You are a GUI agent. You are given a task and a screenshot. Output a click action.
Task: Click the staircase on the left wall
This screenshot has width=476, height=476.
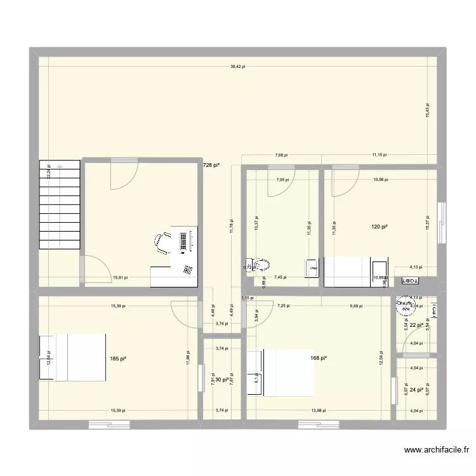[x=60, y=204]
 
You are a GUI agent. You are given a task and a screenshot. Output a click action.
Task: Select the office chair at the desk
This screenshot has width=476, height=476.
[x=162, y=242]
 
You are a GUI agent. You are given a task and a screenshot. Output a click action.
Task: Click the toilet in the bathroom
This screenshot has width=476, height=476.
[x=260, y=267]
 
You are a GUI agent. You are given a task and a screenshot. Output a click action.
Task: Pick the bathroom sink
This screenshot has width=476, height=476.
[x=311, y=268]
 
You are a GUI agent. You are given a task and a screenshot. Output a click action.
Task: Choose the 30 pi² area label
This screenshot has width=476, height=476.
[x=221, y=380]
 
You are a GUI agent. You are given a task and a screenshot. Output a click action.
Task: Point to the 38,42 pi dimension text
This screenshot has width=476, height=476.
[x=238, y=65]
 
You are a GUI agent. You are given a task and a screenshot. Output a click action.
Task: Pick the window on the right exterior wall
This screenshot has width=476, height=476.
[x=442, y=214]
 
